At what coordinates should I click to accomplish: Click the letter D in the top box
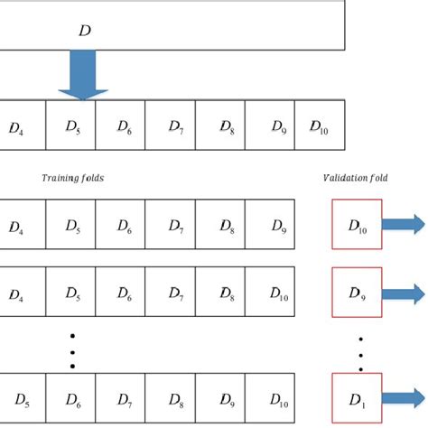(85, 32)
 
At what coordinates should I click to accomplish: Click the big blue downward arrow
(83, 75)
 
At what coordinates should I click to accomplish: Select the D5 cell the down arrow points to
(70, 129)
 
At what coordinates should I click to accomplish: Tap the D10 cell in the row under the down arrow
(318, 129)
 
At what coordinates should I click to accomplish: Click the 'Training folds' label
(73, 179)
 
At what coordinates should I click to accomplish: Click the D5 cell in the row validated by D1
(21, 397)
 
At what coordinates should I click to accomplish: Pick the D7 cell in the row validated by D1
(120, 397)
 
